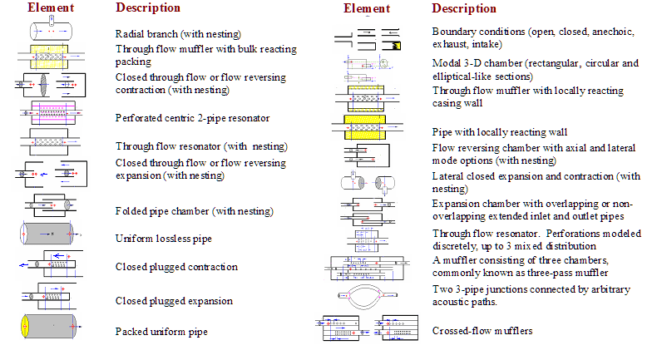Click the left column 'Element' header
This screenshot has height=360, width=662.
tap(51, 7)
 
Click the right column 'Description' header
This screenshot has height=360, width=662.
tap(464, 8)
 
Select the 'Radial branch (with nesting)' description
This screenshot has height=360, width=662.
tap(178, 34)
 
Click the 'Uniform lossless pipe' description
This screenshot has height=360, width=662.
tap(163, 239)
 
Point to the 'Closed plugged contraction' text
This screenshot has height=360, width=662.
tap(176, 267)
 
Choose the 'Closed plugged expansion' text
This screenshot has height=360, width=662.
tap(174, 301)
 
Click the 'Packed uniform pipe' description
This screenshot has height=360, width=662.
tap(162, 332)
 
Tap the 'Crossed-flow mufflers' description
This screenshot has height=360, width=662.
tap(482, 332)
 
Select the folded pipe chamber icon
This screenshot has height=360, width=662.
tap(51, 208)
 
